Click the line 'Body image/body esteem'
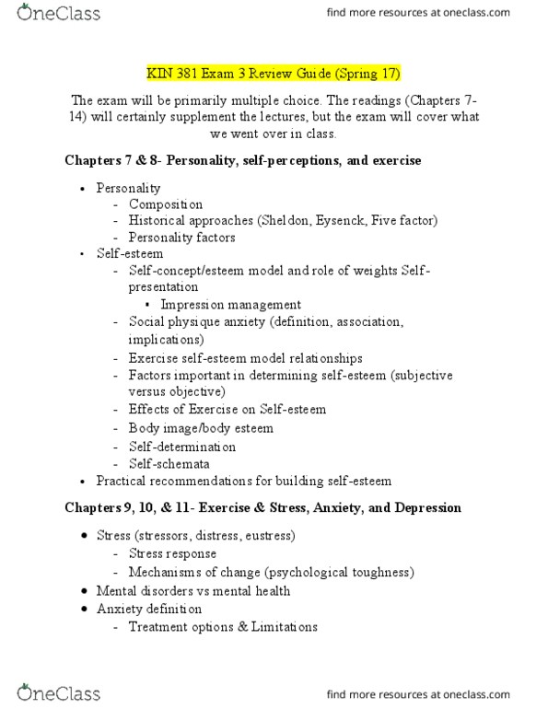click(201, 428)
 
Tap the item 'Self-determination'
click(182, 446)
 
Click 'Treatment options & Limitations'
click(223, 627)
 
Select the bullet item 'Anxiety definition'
click(149, 609)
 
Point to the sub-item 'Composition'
click(166, 204)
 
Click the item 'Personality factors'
click(182, 238)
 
